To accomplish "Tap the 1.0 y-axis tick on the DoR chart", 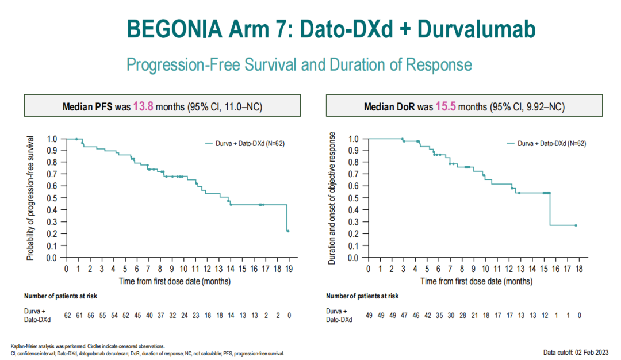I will point(354,139).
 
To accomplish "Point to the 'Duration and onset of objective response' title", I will point(332,198).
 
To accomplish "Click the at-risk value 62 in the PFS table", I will point(67,316).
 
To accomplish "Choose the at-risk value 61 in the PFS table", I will point(79,316).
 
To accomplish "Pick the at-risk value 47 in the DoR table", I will point(404,316).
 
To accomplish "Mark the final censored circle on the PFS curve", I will point(287,231).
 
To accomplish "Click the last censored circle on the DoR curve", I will point(576,225).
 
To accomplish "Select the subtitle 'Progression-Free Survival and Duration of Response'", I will point(299,64).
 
